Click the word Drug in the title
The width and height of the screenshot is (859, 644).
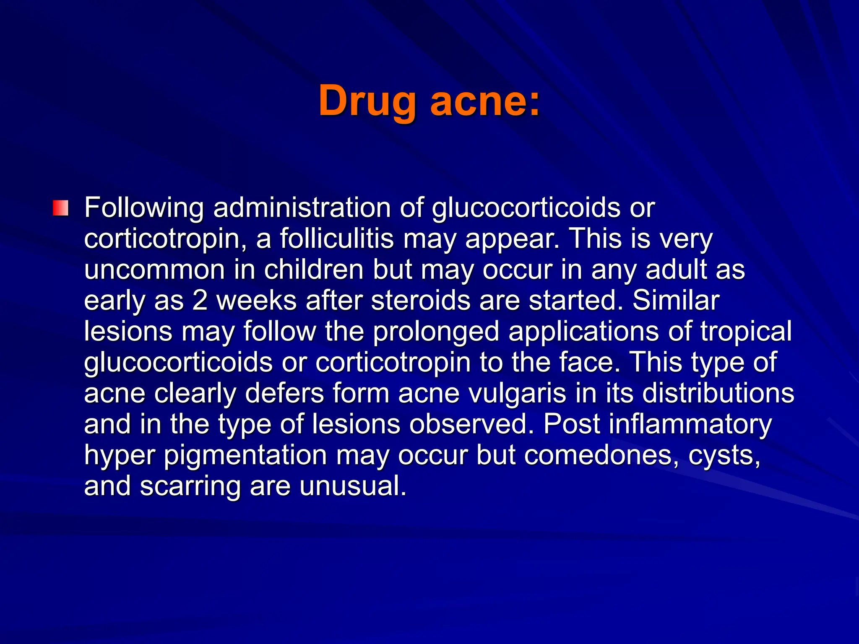[367, 101]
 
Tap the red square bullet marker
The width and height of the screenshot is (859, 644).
[60, 208]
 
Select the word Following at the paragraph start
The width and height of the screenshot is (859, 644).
[144, 208]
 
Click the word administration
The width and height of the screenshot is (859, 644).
[302, 208]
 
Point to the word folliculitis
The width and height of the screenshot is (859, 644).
[337, 239]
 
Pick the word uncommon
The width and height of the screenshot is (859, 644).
[154, 270]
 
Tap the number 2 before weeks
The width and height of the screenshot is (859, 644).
[200, 301]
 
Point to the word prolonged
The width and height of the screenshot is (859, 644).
[436, 332]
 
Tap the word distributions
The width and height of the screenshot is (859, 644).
[718, 393]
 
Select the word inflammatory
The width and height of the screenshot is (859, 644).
[690, 424]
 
